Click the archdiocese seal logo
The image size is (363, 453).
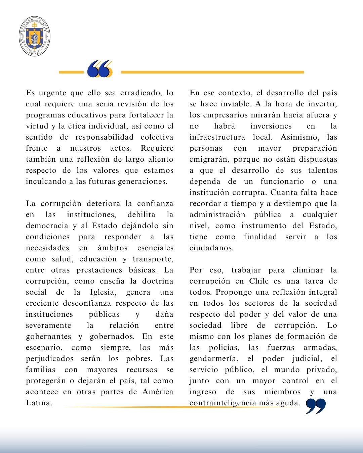point(35,36)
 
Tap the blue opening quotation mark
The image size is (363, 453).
point(99,69)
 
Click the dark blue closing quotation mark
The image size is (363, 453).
point(316,406)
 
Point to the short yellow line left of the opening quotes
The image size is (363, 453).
point(71,72)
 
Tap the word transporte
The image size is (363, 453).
point(153,259)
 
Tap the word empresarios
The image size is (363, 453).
point(227,115)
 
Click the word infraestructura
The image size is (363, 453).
point(217,137)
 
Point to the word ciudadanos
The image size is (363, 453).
point(211,248)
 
